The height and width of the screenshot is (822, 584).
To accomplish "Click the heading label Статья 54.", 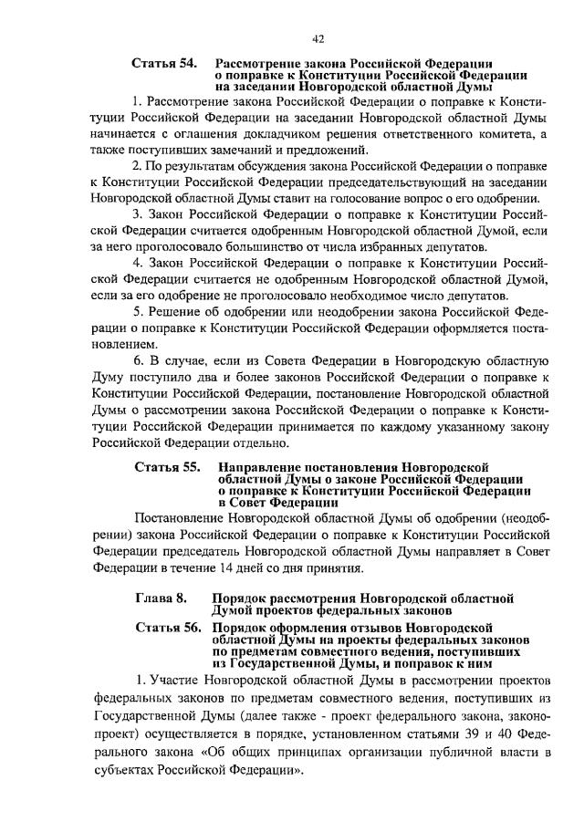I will [x=163, y=62].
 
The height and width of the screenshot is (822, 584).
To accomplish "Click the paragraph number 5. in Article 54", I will [x=137, y=313].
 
